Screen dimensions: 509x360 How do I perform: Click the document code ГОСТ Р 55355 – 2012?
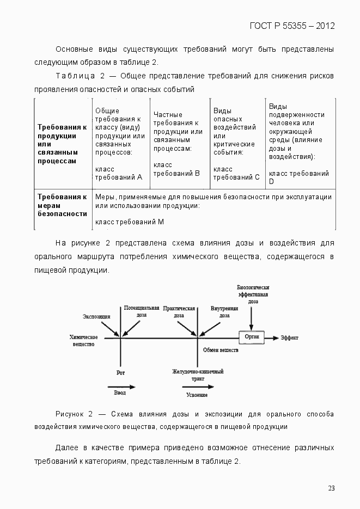tap(292, 26)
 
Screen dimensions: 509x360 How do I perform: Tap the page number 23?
tap(331, 488)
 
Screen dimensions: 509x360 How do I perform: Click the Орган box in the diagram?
tap(252, 337)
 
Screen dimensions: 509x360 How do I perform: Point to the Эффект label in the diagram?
tap(289, 338)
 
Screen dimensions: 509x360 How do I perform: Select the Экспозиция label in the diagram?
tap(97, 316)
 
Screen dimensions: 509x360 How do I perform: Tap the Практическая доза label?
tap(179, 311)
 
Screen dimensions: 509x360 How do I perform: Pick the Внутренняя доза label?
tap(224, 311)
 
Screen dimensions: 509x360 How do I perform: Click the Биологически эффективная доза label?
tap(253, 294)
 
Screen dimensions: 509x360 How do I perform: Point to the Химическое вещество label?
tap(83, 340)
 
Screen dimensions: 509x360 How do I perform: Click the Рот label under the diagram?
tap(121, 373)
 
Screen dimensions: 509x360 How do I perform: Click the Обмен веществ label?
tap(221, 350)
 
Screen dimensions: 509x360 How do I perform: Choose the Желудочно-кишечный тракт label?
tap(198, 375)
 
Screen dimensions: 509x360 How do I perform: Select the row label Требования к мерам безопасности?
tap(62, 205)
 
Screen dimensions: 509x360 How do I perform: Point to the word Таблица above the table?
tap(75, 75)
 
